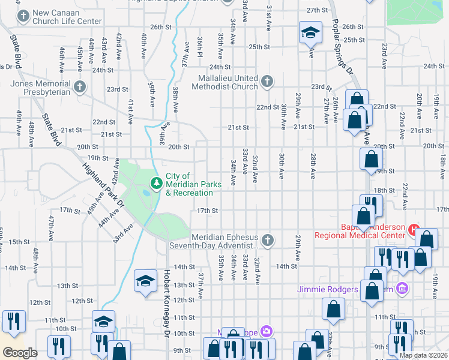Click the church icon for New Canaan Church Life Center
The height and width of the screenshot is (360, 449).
23,16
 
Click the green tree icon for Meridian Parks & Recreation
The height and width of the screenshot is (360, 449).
157,181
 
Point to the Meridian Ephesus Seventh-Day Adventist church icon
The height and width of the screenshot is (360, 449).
268,241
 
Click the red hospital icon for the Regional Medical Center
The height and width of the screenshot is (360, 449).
413,230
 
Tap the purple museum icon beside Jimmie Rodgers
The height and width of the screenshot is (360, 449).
402,289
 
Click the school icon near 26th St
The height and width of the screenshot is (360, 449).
310,33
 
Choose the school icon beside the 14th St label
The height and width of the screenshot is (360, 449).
145,281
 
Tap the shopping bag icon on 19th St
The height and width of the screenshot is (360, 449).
371,160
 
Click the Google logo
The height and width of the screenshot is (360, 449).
20,353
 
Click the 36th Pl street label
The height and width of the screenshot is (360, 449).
199,44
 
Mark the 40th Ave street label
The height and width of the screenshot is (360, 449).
144,45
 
